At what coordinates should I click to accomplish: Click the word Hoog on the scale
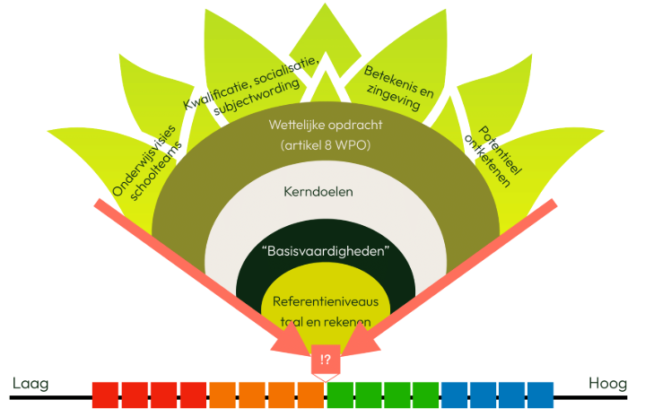(x=607, y=385)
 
